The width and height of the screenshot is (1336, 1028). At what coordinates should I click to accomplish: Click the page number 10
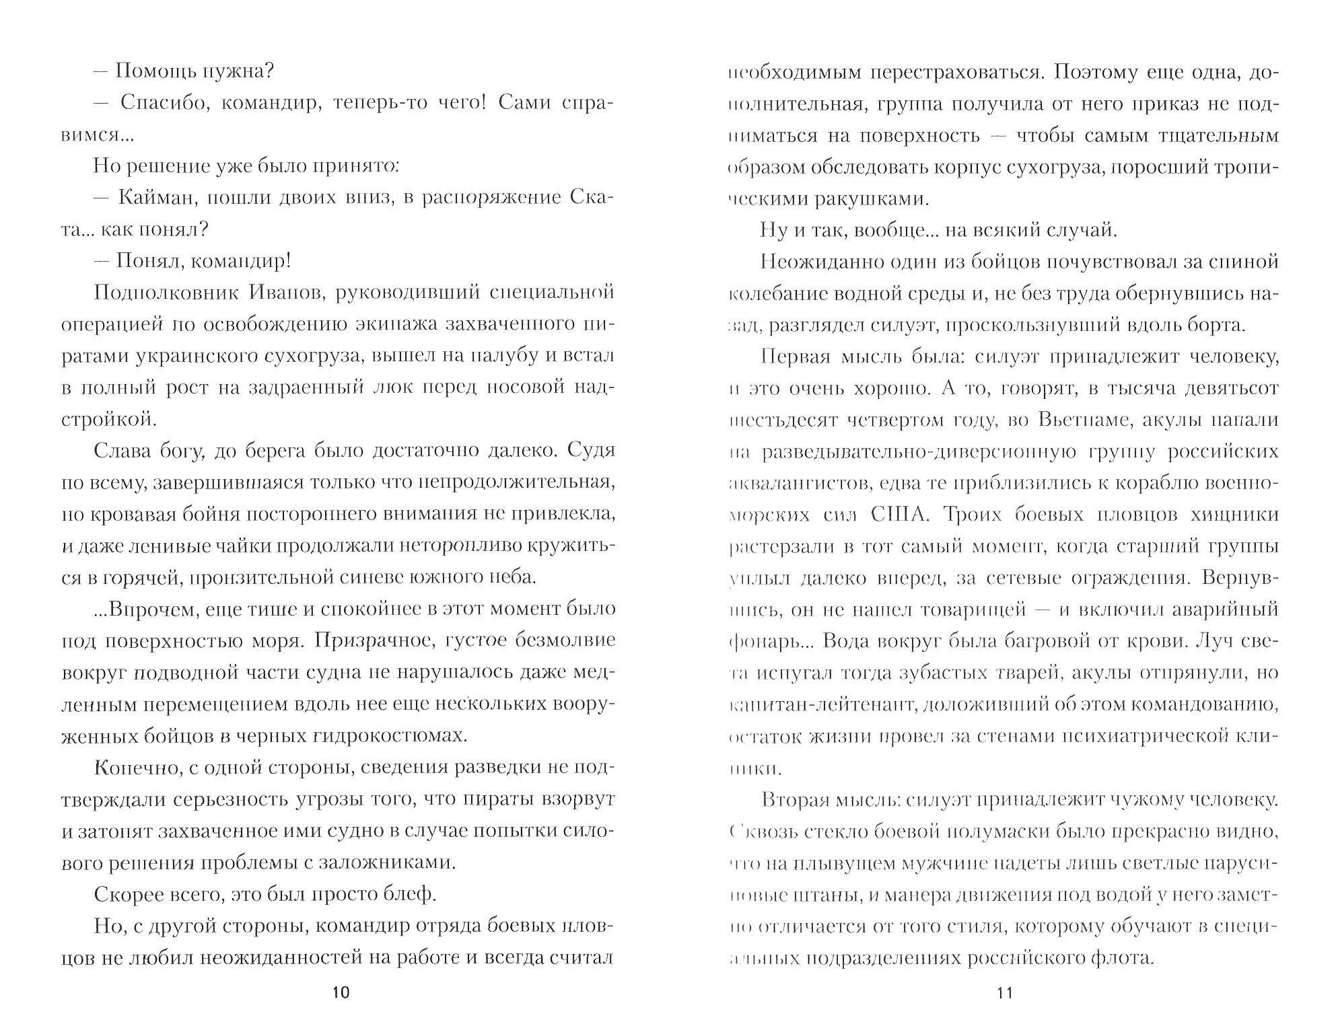341,993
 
